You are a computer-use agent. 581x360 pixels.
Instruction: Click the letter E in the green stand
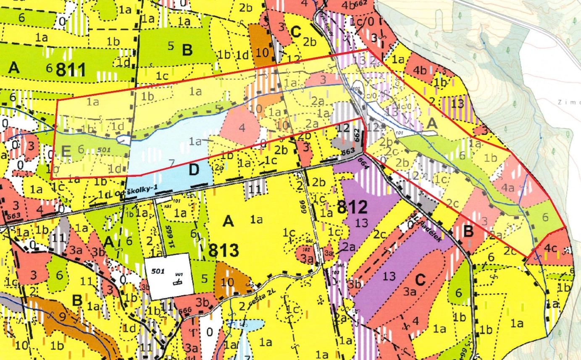pos(66,150)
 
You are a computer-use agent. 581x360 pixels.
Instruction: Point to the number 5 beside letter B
pos(171,46)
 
